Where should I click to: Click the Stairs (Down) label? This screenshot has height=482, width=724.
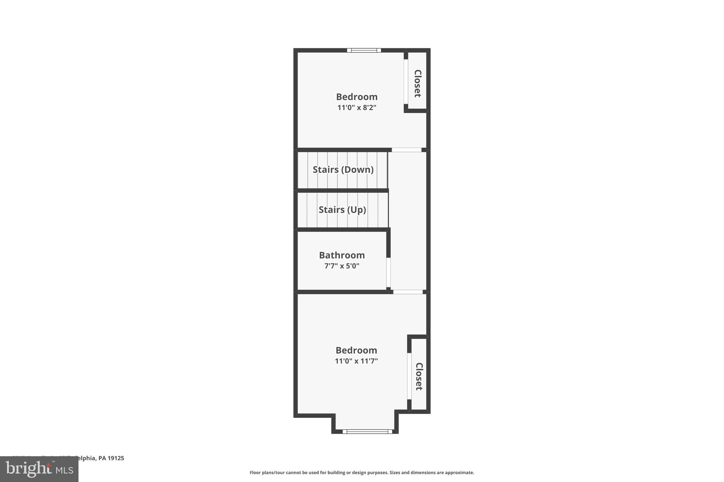[343, 170]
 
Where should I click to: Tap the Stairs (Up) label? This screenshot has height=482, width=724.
[342, 210]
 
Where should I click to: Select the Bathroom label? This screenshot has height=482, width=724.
[341, 255]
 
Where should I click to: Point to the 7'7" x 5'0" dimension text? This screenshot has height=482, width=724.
[341, 266]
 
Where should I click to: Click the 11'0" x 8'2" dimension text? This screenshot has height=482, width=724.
[357, 108]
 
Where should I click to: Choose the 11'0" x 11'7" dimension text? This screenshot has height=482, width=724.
[356, 361]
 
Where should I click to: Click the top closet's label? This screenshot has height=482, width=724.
[418, 83]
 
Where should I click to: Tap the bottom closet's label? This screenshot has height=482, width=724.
[419, 376]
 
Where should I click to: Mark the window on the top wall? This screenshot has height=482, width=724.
[364, 50]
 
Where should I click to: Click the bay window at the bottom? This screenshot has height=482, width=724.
[367, 431]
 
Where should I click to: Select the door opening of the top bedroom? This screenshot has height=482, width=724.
[407, 150]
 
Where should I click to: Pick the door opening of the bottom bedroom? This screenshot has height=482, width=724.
[408, 292]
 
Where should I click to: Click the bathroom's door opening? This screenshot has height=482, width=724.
[388, 273]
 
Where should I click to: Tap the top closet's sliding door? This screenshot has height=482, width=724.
[406, 82]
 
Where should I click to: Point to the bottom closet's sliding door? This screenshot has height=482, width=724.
[409, 376]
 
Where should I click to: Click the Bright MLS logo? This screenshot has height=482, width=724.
[39, 469]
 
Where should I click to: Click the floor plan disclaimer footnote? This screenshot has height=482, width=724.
[362, 472]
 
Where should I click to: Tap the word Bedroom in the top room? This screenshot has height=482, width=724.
[357, 97]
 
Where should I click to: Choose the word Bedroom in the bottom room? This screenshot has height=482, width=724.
[356, 350]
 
